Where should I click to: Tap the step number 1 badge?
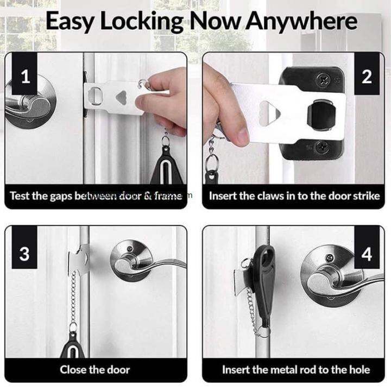(x=25, y=77)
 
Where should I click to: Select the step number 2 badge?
(x=367, y=77)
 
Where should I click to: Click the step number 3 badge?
(x=25, y=254)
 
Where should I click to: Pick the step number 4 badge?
(x=367, y=254)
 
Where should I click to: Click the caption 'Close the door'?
(x=95, y=370)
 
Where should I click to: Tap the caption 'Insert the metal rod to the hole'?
(x=296, y=370)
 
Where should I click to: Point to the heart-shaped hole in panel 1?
(x=123, y=95)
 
